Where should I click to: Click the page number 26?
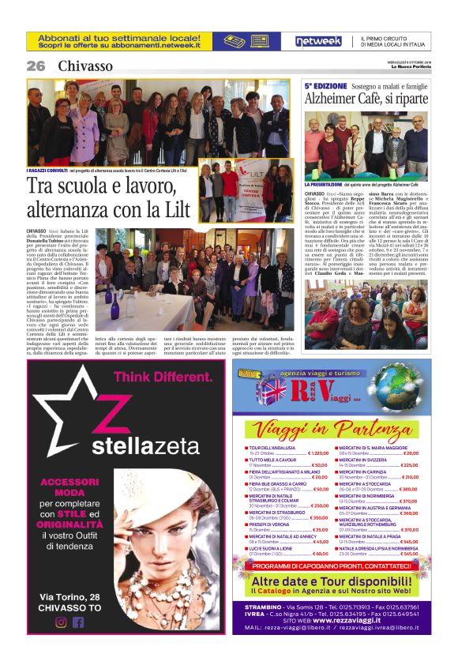pyautogui.click(x=36, y=66)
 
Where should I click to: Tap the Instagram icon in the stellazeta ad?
pyautogui.click(x=61, y=622)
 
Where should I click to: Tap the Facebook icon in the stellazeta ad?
pyautogui.click(x=77, y=622)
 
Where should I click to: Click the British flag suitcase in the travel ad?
pyautogui.click(x=271, y=393)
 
